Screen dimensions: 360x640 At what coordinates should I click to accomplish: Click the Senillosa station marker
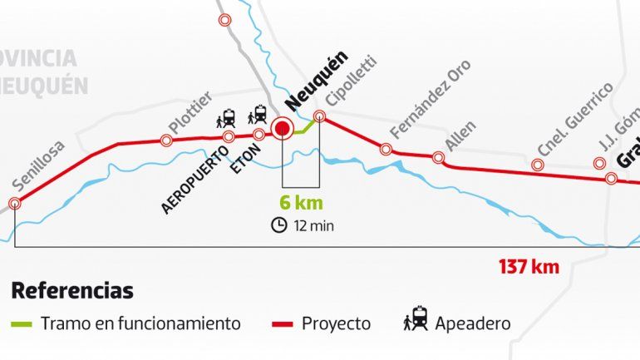tap(14, 204)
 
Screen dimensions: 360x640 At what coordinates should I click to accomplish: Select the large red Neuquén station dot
tap(283, 128)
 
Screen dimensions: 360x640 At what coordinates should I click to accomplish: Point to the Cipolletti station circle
tap(318, 117)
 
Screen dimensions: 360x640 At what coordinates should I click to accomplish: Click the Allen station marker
tap(438, 156)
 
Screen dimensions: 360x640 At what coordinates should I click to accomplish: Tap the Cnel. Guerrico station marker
tap(538, 165)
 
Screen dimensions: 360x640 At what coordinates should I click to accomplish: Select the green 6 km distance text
tap(301, 203)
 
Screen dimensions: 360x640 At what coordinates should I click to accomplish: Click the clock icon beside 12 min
tap(279, 224)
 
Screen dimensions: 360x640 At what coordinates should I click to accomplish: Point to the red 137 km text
tap(529, 268)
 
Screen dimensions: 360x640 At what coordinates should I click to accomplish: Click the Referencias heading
tap(72, 292)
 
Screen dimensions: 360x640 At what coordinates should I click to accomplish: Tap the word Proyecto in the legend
tap(336, 323)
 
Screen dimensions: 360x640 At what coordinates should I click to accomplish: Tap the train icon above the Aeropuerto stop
tap(228, 118)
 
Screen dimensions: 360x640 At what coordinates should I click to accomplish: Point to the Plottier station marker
tap(166, 141)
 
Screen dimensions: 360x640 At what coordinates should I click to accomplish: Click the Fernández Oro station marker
tap(386, 149)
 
